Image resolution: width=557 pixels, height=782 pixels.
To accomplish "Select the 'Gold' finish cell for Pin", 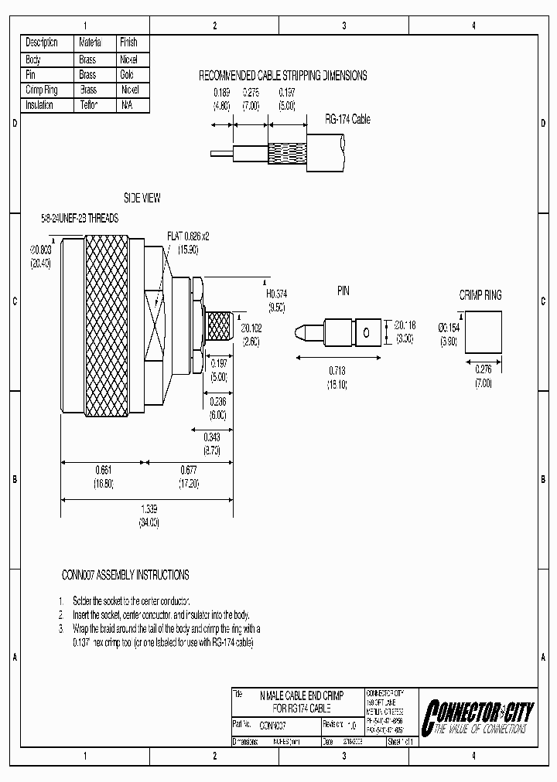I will coord(128,75).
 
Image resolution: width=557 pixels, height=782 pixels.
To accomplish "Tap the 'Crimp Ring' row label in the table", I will coord(42,90).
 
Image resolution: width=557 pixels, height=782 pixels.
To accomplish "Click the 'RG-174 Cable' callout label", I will coord(347,119).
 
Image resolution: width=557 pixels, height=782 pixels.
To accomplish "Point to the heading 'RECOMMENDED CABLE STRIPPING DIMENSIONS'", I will coord(283,76).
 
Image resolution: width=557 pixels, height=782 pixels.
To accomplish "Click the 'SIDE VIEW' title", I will coord(142,199).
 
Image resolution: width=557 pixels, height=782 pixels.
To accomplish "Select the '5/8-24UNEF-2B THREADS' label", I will coord(80,219).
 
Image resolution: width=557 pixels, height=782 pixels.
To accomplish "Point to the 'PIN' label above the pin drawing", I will coord(343,291).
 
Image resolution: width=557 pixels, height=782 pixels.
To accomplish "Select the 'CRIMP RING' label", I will coord(480,295).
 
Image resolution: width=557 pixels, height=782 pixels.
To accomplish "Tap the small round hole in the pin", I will coord(367,333).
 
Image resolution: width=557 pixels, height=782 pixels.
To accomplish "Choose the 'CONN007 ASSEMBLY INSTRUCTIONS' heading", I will coord(125,575).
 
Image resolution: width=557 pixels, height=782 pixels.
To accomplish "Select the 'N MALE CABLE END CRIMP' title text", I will coord(302,695).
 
